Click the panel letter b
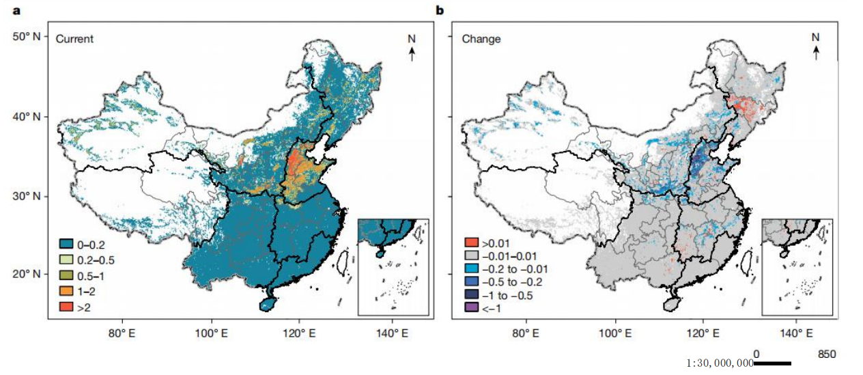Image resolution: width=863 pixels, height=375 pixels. point(440,10)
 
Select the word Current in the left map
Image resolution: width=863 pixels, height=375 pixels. point(74,39)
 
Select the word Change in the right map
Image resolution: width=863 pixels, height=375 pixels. point(481,39)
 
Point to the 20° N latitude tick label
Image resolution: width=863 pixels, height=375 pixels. point(27,274)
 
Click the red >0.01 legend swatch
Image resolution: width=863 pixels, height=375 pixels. point(470,242)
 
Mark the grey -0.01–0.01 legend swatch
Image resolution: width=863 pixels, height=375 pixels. point(470,255)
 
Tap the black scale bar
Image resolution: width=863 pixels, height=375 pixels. point(774,363)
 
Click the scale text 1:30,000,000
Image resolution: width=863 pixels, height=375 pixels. point(720,363)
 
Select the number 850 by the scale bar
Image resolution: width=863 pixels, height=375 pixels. point(826,354)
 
